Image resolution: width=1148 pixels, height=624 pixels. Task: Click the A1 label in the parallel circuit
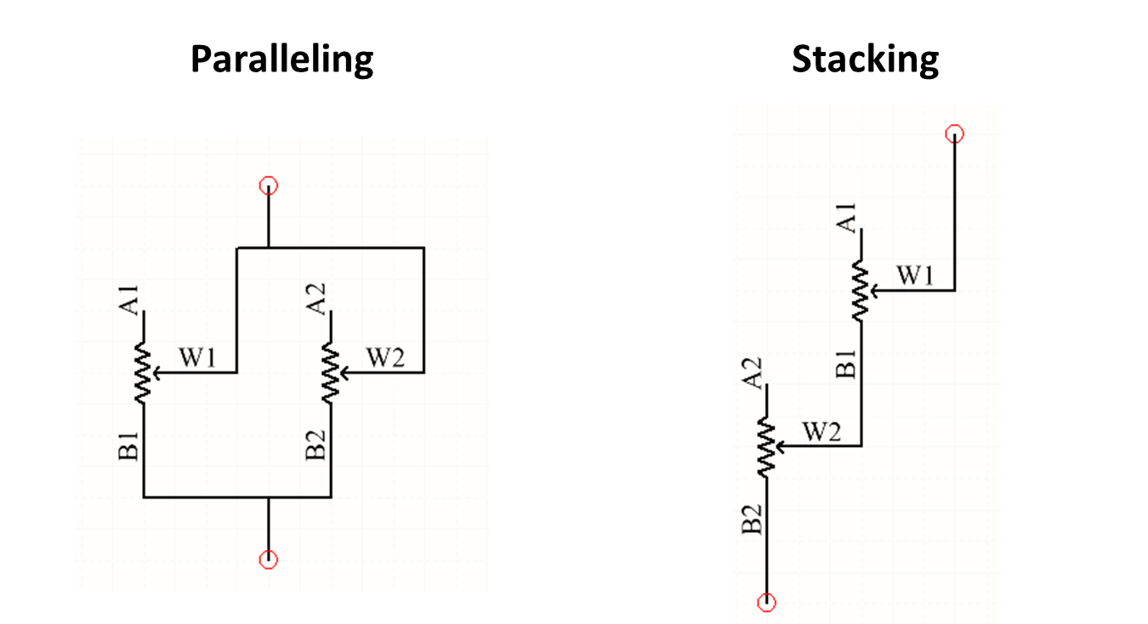coord(129,299)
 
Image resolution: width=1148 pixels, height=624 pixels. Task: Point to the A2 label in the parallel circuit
coord(316,299)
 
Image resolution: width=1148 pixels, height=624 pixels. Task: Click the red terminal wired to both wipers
coord(269,185)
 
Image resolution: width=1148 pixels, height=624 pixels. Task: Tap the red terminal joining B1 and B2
coord(269,559)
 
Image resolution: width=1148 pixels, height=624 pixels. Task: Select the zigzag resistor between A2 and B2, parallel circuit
coord(331,372)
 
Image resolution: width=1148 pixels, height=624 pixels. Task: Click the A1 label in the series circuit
coord(847,218)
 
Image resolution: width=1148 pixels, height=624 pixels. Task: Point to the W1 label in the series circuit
coord(916,276)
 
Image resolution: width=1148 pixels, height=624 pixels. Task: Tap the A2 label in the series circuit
coord(753,372)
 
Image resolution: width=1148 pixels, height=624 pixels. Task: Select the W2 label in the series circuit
coord(822,432)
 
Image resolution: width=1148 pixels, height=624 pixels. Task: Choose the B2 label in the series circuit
coord(753,519)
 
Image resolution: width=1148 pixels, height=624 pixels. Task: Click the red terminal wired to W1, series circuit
coord(955,133)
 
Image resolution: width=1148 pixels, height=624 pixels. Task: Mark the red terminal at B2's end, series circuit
coord(767,602)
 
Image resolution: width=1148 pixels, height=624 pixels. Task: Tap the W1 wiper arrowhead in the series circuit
coord(874,291)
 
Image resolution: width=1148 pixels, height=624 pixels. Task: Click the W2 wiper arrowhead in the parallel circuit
coord(343,372)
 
